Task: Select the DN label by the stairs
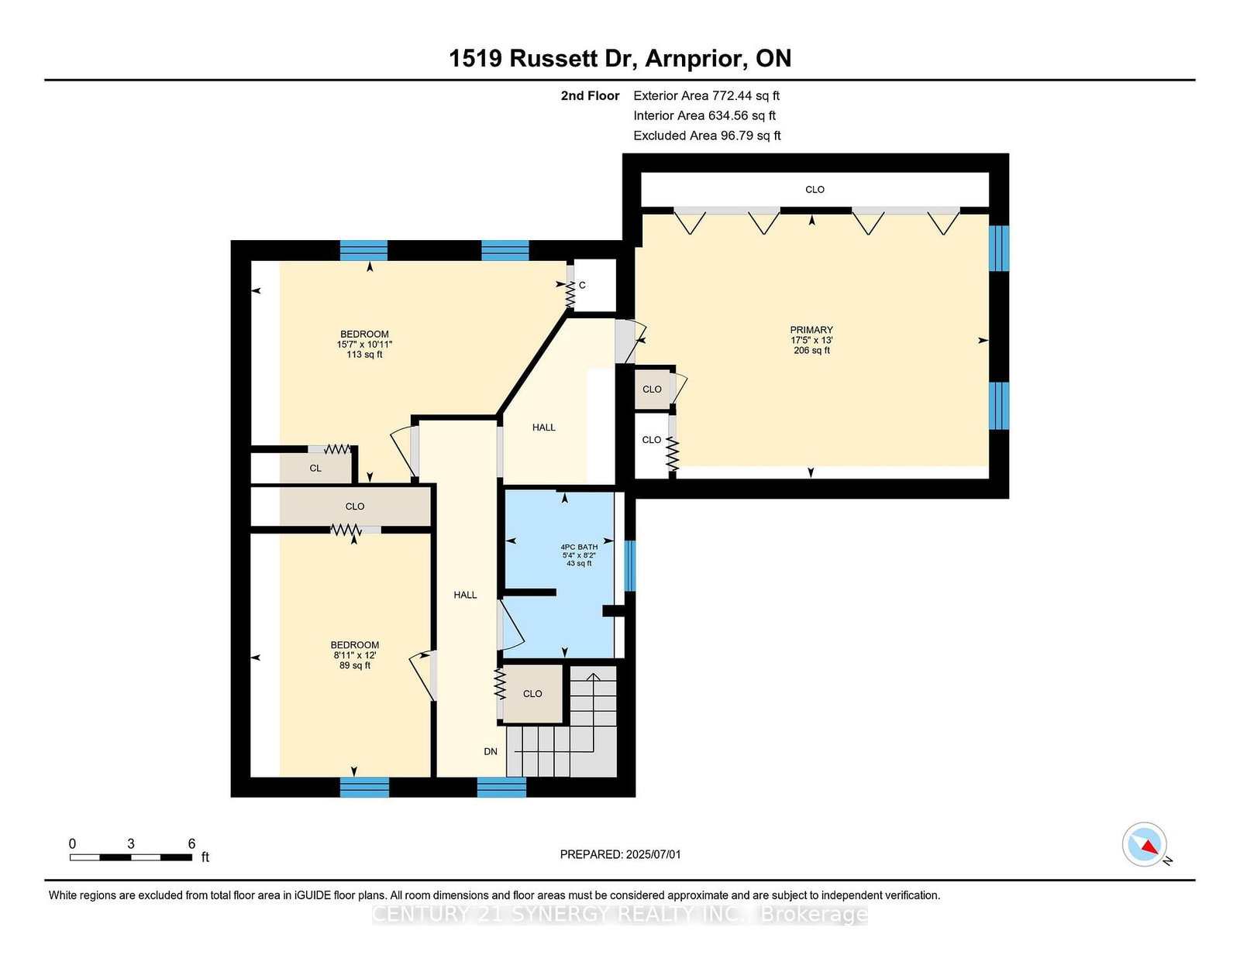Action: point(491,751)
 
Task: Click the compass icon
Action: point(1145,845)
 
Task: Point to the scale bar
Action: point(131,857)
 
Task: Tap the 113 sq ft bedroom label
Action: point(365,345)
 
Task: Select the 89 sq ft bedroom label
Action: point(354,655)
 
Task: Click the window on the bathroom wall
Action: point(630,565)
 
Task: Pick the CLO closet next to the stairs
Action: point(532,694)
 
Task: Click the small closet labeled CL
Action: point(315,469)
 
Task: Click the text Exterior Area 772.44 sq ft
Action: point(707,96)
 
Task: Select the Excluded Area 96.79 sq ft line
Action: point(707,136)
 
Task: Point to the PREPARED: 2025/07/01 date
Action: point(620,854)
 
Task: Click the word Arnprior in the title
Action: point(696,59)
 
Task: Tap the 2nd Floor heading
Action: point(590,96)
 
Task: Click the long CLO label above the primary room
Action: point(815,189)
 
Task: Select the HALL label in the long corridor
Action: point(465,595)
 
